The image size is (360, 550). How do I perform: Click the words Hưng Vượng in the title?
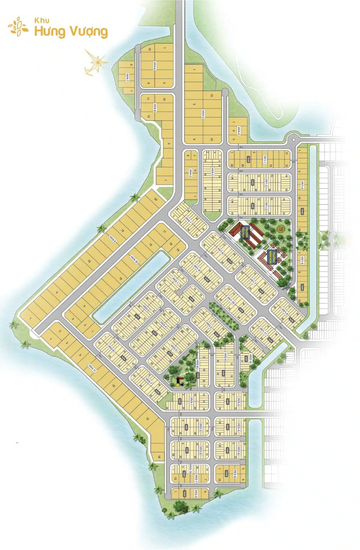pos(71,32)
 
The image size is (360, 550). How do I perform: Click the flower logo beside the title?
pos(18,27)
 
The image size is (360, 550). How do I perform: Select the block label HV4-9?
pos(113,239)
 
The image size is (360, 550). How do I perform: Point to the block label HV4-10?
pos(134,259)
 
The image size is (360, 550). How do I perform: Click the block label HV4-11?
pos(92,368)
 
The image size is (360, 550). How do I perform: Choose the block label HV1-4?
pos(302,185)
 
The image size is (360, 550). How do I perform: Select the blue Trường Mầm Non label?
pos(272,256)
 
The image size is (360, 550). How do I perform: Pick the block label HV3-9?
pos(196,493)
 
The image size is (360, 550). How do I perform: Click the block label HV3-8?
pos(235,474)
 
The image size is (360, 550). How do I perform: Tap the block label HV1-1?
pos(265,159)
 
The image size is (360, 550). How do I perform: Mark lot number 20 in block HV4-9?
pos(156,199)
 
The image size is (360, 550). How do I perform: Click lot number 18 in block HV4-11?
pos(159,457)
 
